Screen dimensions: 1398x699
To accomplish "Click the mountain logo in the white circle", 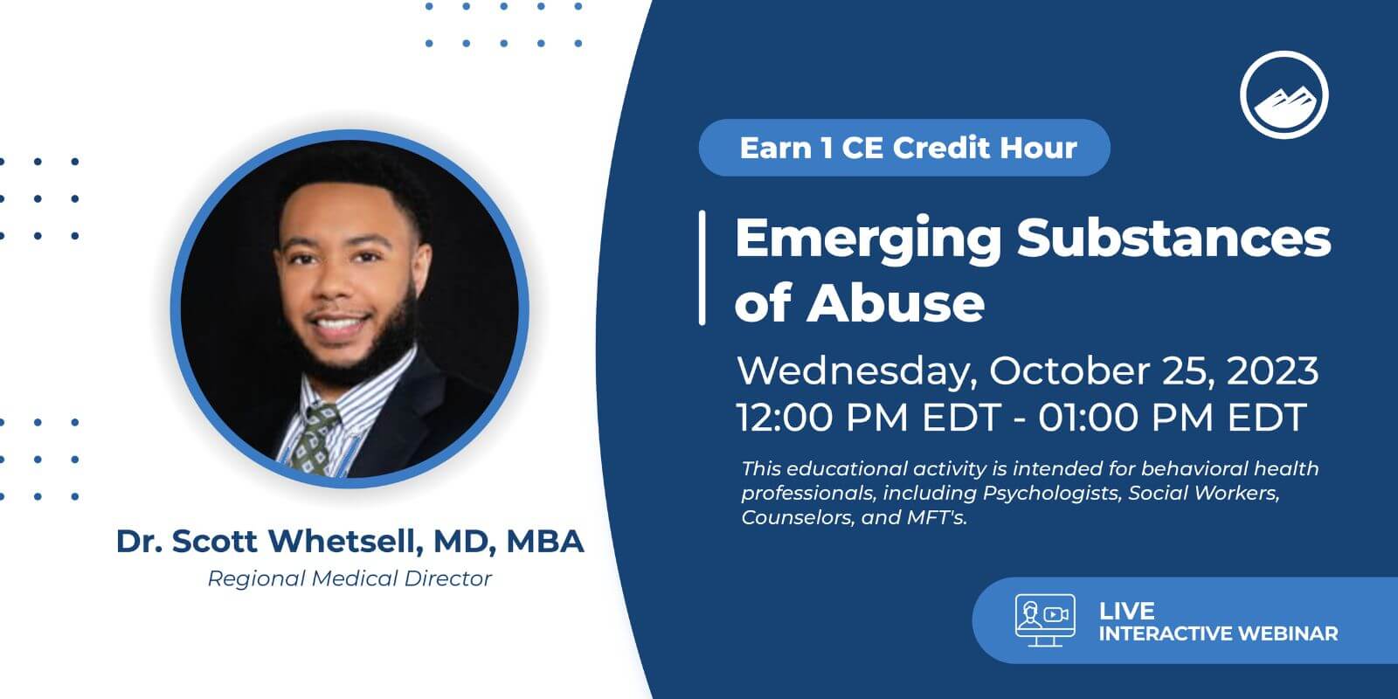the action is pos(1284,95).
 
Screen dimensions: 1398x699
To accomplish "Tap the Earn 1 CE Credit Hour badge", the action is pos(904,148).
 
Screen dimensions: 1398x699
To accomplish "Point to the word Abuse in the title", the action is pos(896,302).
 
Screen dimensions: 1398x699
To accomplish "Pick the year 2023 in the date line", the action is pos(1272,371).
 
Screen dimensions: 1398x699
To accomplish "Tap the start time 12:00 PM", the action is pos(822,417).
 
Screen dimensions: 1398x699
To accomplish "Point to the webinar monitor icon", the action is pos(1045,619).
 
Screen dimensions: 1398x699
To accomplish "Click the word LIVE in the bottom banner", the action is pos(1126,611).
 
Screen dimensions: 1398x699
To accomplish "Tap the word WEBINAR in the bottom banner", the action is pos(1288,633).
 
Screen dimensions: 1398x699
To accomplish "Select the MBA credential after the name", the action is pos(545,541).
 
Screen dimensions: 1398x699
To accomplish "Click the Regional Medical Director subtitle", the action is pos(349,578).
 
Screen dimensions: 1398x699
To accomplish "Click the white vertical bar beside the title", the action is pos(702,267).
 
